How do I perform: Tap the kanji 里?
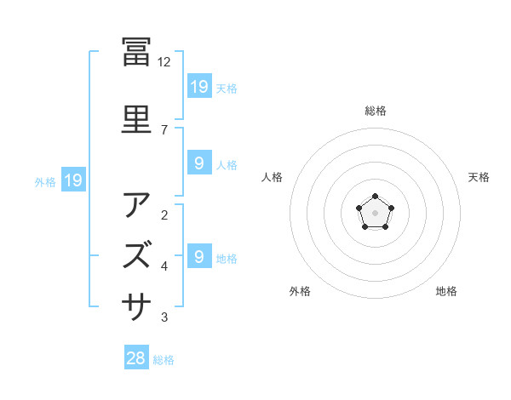136,119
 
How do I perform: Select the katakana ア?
136,205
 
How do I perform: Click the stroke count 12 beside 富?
164,62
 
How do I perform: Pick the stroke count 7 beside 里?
164,129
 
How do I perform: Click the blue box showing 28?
136,358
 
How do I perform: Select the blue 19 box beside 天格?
199,86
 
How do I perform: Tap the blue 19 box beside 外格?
72,180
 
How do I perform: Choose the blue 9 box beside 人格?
198,163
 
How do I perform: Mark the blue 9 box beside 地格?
198,256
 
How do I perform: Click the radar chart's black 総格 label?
376,111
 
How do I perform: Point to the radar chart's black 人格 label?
273,177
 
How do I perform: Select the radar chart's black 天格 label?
479,177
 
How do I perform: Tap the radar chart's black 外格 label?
300,291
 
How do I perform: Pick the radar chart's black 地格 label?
446,291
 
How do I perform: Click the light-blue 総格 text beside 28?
164,360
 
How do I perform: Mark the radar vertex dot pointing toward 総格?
376,197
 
